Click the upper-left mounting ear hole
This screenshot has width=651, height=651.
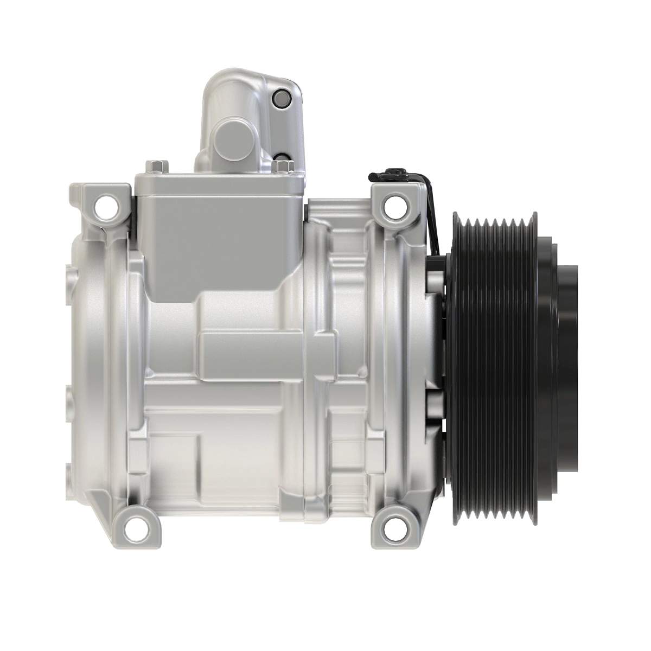102,206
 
